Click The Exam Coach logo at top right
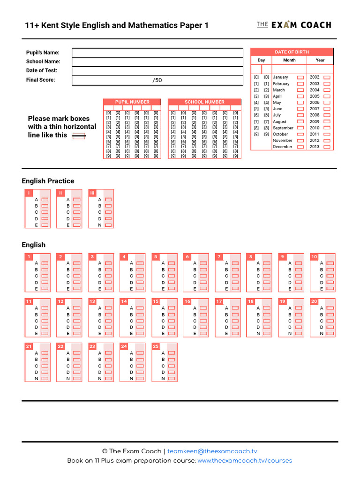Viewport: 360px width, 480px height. pos(294,25)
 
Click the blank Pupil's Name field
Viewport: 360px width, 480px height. pos(157,52)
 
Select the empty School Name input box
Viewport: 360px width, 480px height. pos(157,61)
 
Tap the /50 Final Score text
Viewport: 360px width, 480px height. pos(157,80)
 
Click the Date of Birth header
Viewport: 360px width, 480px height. pos(292,52)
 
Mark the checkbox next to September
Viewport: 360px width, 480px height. pos(300,128)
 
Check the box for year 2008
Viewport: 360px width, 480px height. pos(327,115)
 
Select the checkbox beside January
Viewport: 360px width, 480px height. pos(300,77)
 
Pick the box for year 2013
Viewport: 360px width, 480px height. pos(327,147)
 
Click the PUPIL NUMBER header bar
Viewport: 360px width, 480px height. pos(132,102)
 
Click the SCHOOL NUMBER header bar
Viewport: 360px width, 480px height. pos(204,102)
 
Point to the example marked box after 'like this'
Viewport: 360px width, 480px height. pos(79,136)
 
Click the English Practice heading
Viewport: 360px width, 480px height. pos(48,181)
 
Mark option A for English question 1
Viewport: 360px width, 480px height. pos(45,263)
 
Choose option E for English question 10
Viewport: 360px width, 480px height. pos(330,289)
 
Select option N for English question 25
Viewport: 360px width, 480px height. pos(172,378)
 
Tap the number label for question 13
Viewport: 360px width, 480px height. pos(92,301)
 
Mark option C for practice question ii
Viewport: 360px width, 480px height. pos(77,212)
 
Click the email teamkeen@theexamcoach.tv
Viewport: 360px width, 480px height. pos(212,451)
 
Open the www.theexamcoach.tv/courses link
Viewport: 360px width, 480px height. pos(245,461)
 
